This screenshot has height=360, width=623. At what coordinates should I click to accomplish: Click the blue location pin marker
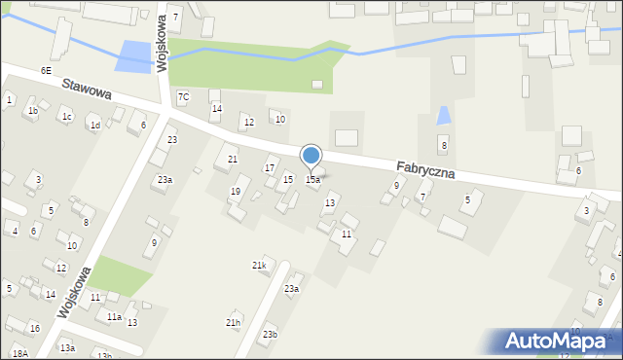pos(311,156)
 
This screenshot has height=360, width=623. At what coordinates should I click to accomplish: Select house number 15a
pos(312,180)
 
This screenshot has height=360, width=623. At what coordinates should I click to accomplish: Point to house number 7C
pos(184,96)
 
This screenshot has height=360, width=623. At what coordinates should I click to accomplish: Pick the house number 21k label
pos(259,266)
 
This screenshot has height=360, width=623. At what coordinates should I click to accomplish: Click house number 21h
pos(233,323)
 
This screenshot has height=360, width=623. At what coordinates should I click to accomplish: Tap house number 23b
pos(270,335)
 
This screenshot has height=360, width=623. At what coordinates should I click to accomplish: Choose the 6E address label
pos(46,71)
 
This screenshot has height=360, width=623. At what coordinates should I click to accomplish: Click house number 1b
pos(33,111)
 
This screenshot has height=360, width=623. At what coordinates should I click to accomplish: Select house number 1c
pos(66,118)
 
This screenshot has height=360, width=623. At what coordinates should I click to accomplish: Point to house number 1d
pos(94,126)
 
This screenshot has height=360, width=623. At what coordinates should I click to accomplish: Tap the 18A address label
pos(19,353)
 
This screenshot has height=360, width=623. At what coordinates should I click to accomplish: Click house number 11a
pos(114,317)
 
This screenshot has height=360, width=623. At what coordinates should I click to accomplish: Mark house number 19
pos(235,192)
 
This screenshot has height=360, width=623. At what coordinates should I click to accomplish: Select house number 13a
pos(66,347)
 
